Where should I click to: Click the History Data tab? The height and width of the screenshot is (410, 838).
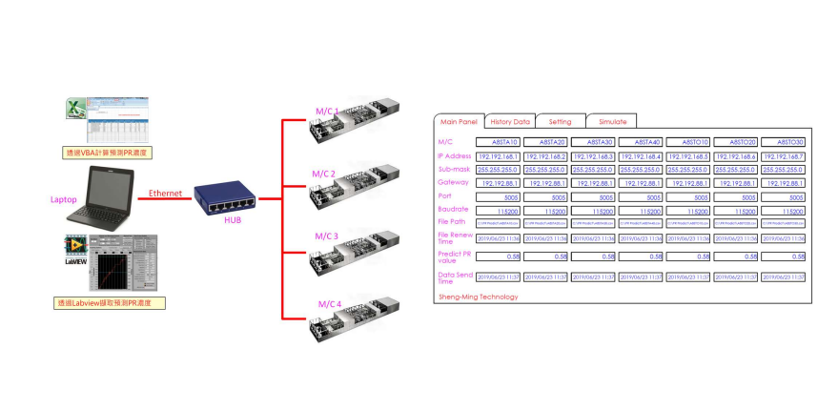point(509,122)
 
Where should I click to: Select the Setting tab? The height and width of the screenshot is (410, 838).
point(560,122)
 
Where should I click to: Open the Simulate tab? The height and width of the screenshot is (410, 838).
point(612,122)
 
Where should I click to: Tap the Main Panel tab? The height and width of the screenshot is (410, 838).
point(459,122)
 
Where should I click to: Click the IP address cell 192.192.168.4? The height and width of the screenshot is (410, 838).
point(641,156)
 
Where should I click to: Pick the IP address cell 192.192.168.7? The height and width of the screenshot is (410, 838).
point(784,156)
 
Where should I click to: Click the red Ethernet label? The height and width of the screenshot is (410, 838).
point(167,194)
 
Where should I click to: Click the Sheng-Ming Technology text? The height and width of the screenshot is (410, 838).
point(478,297)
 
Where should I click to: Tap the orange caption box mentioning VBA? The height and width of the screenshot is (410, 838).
point(112,153)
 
